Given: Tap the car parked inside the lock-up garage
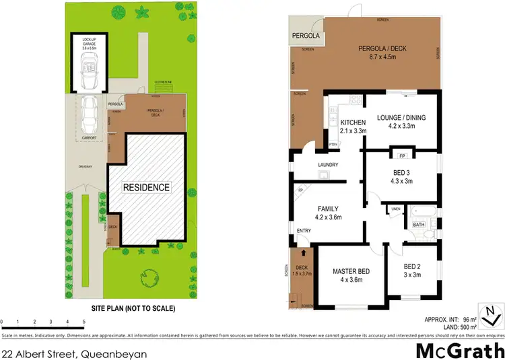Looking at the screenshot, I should tap(89, 68).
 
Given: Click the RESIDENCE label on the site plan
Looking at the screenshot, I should tap(145, 186).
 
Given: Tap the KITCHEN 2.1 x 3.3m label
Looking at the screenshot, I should tap(353, 126).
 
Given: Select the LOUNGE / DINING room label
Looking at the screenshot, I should tap(401, 120).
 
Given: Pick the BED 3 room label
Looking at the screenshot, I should tap(402, 176).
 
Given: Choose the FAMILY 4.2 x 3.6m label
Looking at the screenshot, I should tap(329, 213).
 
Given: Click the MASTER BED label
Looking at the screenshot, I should tap(348, 276).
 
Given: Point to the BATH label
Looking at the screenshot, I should tap(418, 224).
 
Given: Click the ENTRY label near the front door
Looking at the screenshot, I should tap(303, 231).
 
